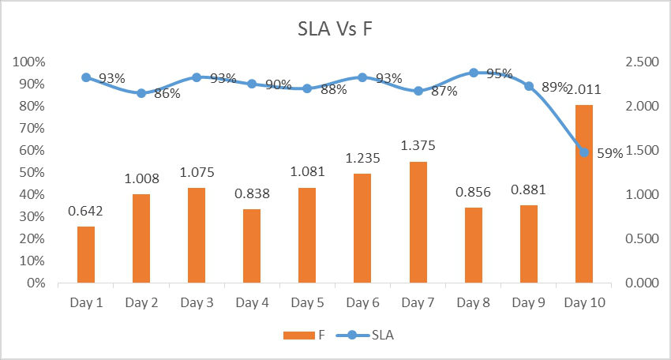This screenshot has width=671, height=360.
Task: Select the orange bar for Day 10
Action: click(583, 193)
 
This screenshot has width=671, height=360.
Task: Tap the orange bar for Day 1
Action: click(85, 254)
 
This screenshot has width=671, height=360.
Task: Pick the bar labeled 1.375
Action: click(418, 222)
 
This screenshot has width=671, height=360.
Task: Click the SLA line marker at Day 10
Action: click(584, 152)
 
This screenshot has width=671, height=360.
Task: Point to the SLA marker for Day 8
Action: click(474, 73)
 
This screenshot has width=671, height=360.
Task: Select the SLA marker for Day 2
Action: click(141, 93)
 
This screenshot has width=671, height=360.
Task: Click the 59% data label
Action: click(609, 154)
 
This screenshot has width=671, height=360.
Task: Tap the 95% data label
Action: click(498, 73)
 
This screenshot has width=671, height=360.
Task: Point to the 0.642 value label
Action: click(85, 211)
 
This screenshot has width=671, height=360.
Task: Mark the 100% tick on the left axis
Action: click(28, 62)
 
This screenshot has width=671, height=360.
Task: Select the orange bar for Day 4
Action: click(252, 246)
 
